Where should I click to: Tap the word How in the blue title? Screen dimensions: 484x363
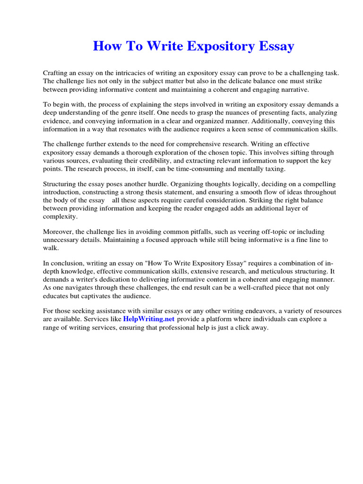tap(105, 46)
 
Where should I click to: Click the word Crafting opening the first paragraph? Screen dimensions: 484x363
tap(56, 73)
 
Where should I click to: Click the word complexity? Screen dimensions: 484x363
tap(60, 216)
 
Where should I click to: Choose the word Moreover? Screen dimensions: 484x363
tap(60, 232)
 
